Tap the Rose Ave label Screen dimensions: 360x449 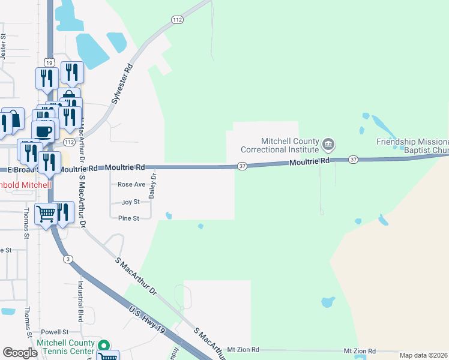click(x=131, y=184)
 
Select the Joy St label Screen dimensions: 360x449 click(x=131, y=202)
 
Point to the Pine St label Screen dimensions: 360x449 click(x=128, y=218)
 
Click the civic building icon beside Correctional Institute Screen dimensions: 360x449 click(x=328, y=144)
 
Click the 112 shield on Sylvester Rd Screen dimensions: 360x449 click(x=176, y=20)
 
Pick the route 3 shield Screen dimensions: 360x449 click(x=69, y=259)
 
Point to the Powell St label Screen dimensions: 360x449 click(x=55, y=332)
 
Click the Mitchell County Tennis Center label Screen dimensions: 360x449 click(x=65, y=346)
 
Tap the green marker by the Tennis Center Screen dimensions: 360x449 click(x=104, y=345)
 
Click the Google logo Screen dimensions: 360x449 click(x=20, y=353)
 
